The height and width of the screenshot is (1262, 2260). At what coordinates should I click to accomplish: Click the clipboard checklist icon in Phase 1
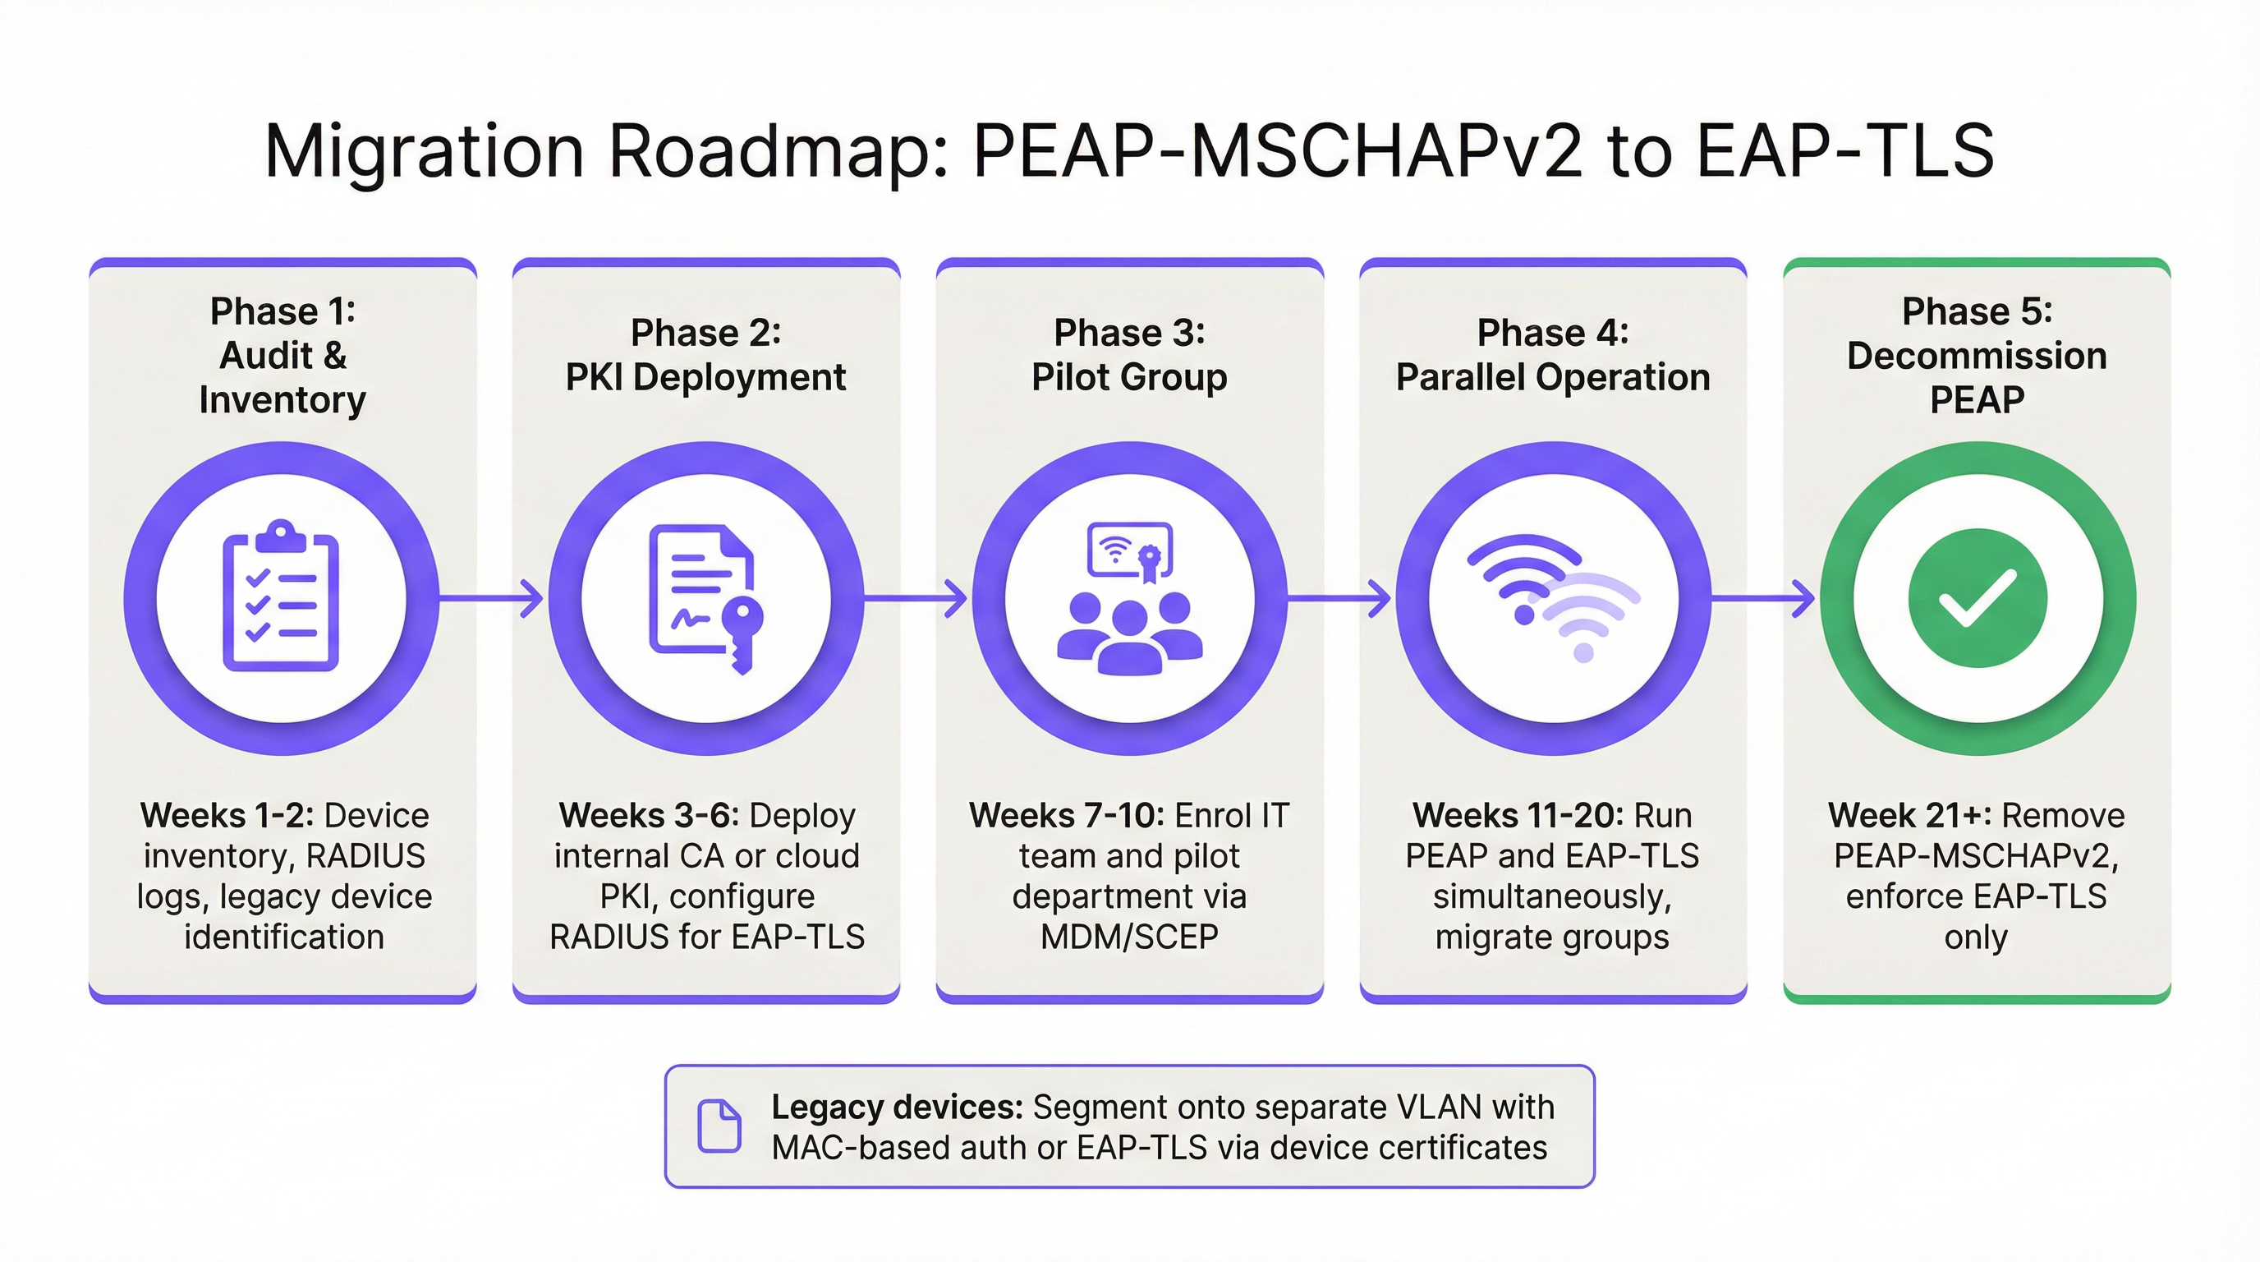[x=281, y=598]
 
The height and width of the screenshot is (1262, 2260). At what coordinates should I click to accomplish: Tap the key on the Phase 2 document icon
[x=742, y=630]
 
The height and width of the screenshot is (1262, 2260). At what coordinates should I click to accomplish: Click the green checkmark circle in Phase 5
[x=1977, y=598]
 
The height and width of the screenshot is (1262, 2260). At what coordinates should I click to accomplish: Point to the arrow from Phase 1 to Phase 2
[x=491, y=598]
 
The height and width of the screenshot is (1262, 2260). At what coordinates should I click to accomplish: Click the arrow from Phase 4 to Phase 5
[x=1763, y=598]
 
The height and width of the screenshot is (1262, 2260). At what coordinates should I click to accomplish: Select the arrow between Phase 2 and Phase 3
[x=915, y=598]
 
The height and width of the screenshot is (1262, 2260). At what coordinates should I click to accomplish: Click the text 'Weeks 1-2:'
[x=227, y=816]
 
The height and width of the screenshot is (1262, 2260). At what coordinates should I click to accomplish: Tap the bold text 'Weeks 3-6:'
[x=650, y=816]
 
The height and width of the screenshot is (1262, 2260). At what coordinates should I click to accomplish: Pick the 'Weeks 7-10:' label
[x=1066, y=816]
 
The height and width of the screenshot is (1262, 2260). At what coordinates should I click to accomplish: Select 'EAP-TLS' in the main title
[x=1845, y=152]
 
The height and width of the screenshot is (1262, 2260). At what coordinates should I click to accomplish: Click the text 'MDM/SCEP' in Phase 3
[x=1129, y=937]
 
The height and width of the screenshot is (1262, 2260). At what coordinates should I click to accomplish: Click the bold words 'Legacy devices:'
[x=897, y=1108]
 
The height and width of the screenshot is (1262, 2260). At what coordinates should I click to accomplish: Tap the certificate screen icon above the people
[x=1130, y=551]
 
